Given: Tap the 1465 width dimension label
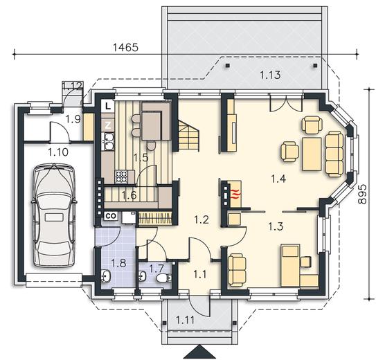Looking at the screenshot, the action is coord(125,48).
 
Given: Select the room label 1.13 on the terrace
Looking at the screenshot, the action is coord(270,75).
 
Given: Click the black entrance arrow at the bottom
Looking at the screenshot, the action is coord(199,352).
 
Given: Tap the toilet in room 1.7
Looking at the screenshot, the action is coord(164,278).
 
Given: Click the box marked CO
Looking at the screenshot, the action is coord(111,216).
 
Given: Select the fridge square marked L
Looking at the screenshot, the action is coord(107,106).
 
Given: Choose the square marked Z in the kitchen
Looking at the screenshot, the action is coord(108,125).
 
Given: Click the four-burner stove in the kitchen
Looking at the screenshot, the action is coord(122,177).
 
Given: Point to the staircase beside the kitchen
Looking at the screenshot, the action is coord(188,136).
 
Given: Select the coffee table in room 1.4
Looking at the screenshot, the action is coord(312,154).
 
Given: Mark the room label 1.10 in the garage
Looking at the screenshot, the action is coord(58,152).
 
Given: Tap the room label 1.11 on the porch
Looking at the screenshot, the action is coord(185,320).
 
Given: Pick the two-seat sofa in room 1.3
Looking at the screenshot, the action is coord(237,270).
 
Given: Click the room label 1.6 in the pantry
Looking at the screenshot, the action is coord(129,195).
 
